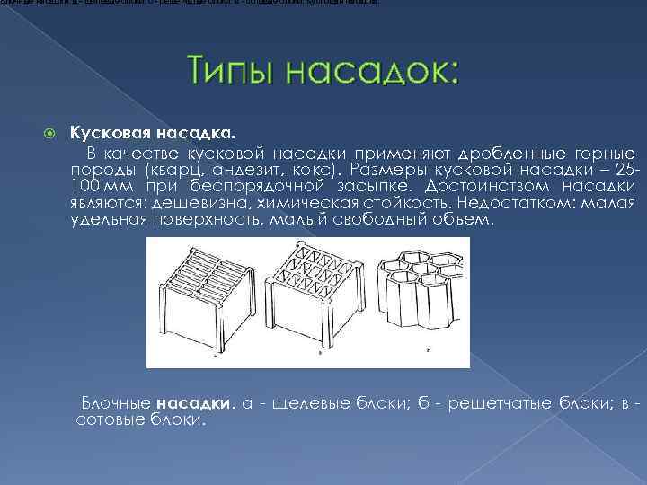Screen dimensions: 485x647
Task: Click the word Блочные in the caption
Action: tap(116, 402)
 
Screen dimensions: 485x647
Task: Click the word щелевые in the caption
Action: tap(310, 402)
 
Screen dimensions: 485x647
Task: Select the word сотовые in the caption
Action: tap(109, 419)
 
